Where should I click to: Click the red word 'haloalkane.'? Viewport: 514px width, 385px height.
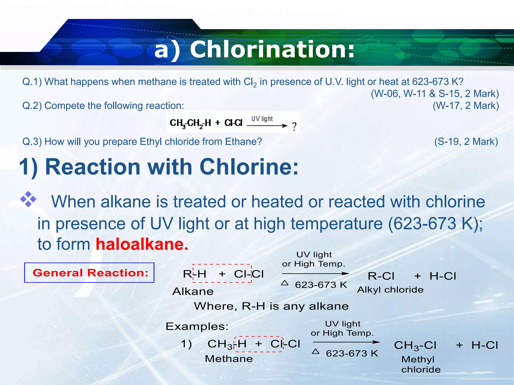pyautogui.click(x=142, y=244)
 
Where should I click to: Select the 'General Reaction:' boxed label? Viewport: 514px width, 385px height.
pyautogui.click(x=89, y=273)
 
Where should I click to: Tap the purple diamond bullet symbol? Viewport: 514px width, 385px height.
pyautogui.click(x=28, y=199)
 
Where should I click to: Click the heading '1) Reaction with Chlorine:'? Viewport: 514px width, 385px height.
pyautogui.click(x=159, y=167)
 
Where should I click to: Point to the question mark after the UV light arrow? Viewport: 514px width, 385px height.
pyautogui.click(x=294, y=127)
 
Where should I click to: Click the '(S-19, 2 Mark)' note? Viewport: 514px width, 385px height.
pyautogui.click(x=466, y=142)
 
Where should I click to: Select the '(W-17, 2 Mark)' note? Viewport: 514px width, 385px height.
pyautogui.click(x=466, y=106)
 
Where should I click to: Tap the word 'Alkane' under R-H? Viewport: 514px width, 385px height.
pyautogui.click(x=193, y=291)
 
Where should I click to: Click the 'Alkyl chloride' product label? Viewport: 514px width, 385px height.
pyautogui.click(x=390, y=290)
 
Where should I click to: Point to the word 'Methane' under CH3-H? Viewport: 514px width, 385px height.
pyautogui.click(x=229, y=359)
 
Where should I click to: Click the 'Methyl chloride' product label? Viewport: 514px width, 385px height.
pyautogui.click(x=421, y=364)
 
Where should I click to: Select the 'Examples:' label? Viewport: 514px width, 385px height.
pyautogui.click(x=197, y=326)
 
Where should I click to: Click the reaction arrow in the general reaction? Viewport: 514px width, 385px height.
pyautogui.click(x=315, y=274)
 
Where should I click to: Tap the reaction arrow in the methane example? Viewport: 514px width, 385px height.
pyautogui.click(x=346, y=342)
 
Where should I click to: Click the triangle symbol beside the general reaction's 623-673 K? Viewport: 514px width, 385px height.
pyautogui.click(x=285, y=283)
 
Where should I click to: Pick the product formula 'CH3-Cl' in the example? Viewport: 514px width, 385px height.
pyautogui.click(x=415, y=345)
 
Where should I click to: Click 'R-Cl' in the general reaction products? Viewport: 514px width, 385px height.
pyautogui.click(x=381, y=276)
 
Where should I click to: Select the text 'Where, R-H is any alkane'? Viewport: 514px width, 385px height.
pyautogui.click(x=271, y=306)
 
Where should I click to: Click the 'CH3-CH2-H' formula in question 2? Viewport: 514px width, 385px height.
pyautogui.click(x=190, y=123)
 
